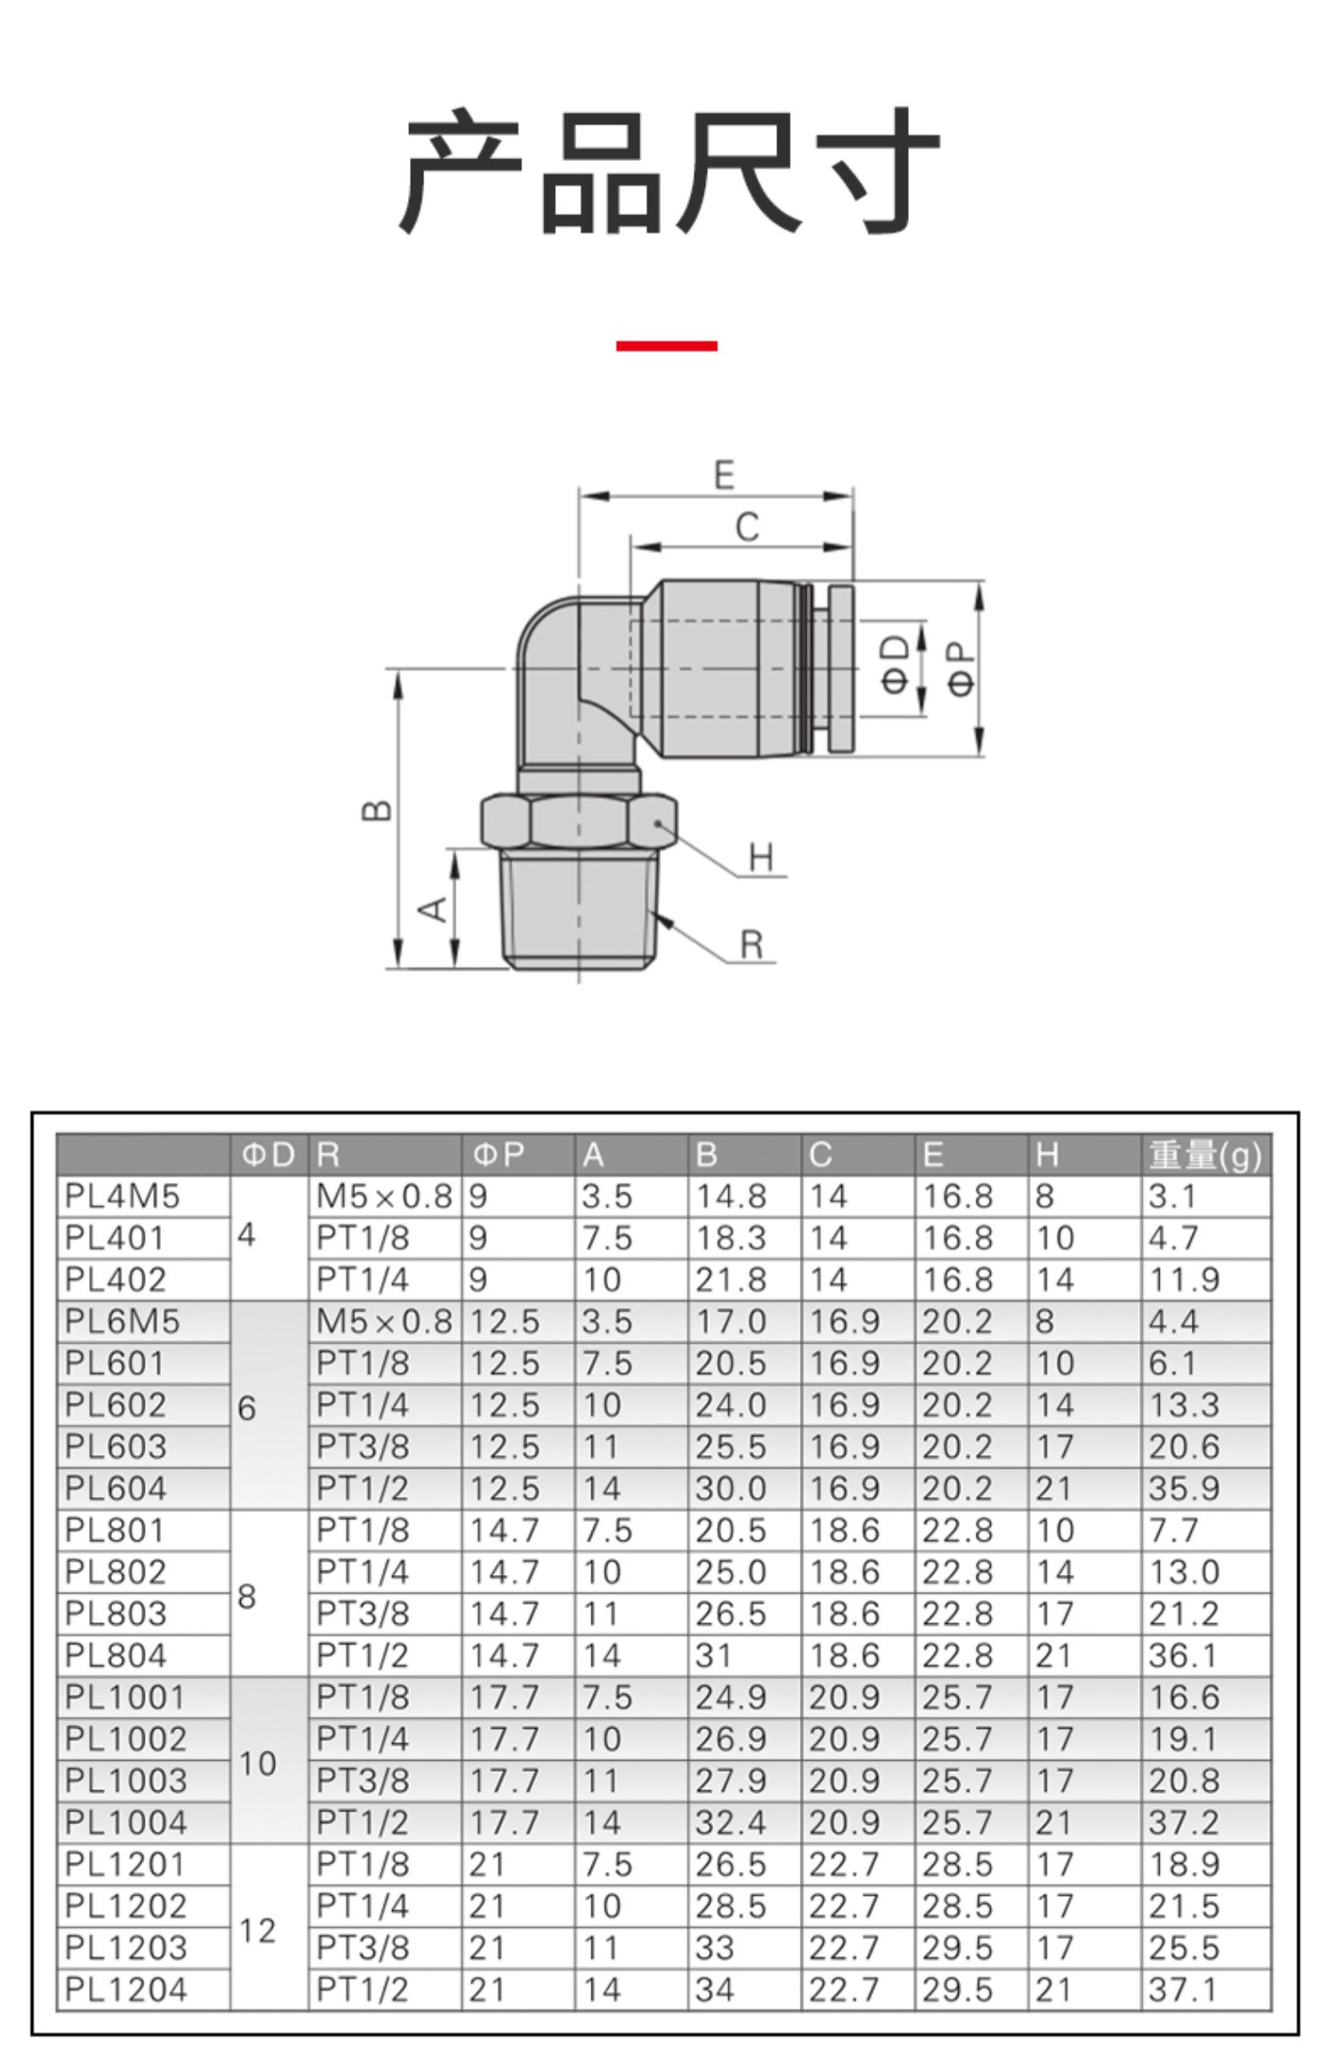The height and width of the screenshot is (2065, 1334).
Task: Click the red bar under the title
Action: coord(666,346)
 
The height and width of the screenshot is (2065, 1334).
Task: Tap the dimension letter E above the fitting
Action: coord(725,475)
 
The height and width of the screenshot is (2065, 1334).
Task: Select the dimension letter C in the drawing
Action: coord(748,527)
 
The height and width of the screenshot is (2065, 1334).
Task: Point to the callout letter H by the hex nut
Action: coord(761,858)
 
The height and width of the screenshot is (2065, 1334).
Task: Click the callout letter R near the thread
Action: coord(752,944)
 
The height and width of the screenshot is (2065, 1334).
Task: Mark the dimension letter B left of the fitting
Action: coord(378,811)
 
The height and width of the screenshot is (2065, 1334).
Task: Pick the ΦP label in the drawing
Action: coord(961,671)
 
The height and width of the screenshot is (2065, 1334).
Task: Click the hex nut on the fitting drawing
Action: coord(579,822)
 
